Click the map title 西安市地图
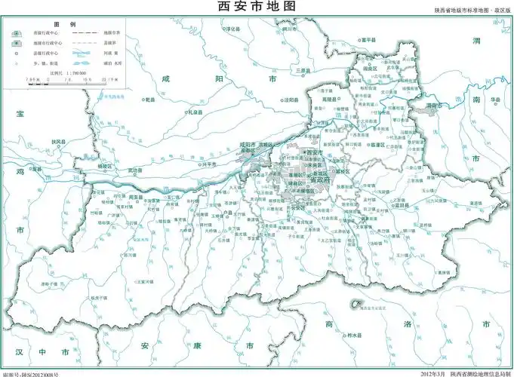click(256, 7)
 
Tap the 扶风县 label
click(57, 141)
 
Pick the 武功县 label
click(136, 170)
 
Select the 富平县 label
click(368, 39)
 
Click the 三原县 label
click(303, 70)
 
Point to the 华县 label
click(495, 100)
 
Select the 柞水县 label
click(352, 335)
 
